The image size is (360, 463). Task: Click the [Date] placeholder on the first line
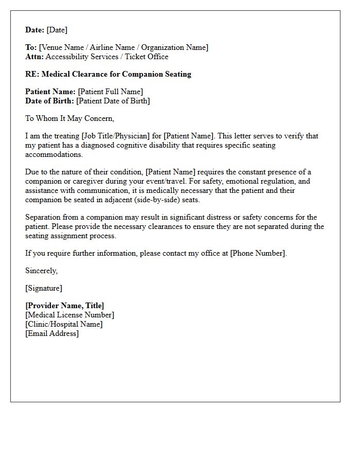(x=57, y=30)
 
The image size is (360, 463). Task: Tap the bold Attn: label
(x=34, y=57)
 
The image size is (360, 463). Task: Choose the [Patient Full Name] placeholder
(x=111, y=92)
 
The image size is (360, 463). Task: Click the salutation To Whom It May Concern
(x=69, y=118)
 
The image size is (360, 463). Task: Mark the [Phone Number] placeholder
(x=258, y=253)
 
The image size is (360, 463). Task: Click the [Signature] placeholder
(x=44, y=288)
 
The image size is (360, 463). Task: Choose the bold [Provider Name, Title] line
(x=65, y=306)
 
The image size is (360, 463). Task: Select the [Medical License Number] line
(x=70, y=315)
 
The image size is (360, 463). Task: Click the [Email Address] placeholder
(x=52, y=333)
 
